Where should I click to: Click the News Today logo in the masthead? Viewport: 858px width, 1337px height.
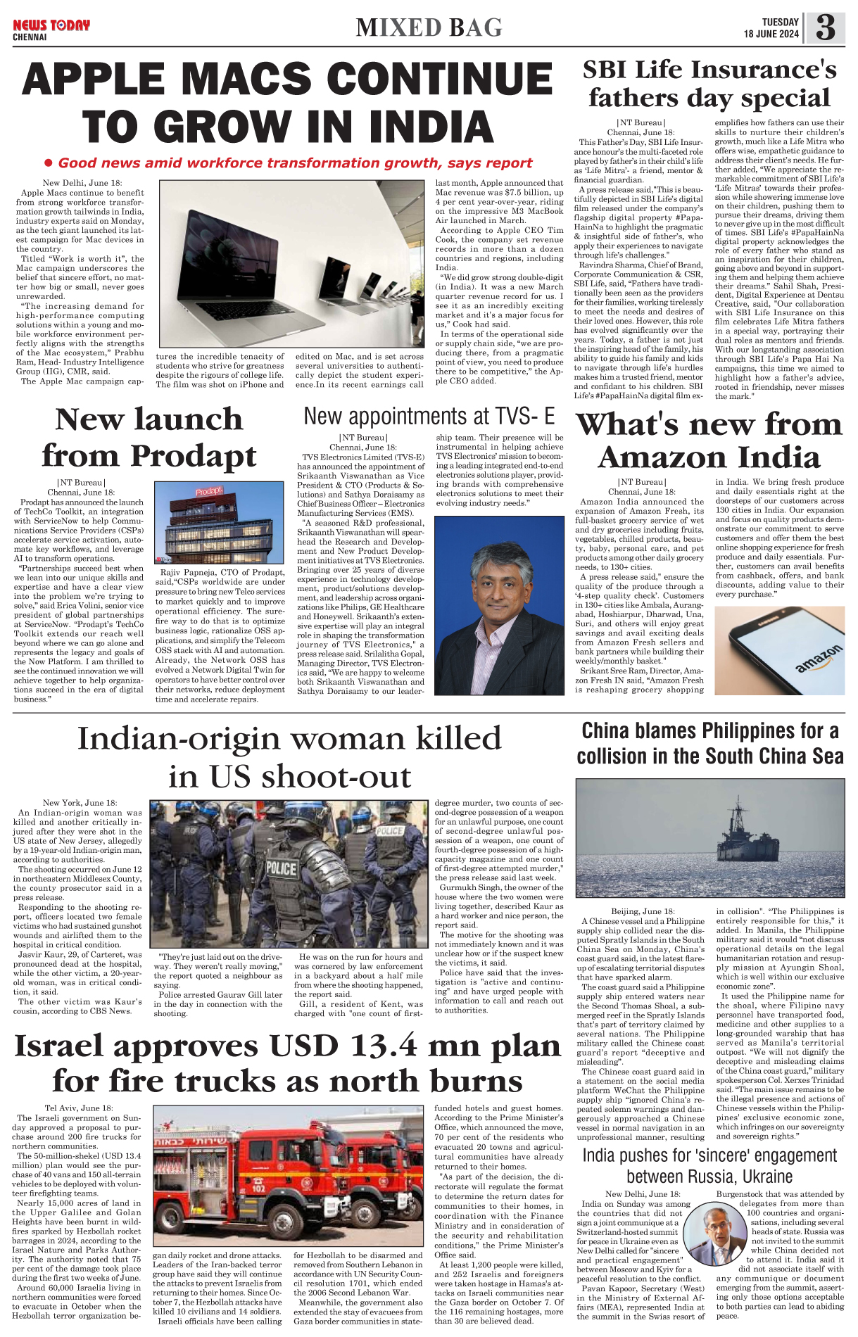click(51, 26)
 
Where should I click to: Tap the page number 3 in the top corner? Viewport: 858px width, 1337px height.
click(825, 28)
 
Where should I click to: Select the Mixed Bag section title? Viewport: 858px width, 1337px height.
click(429, 28)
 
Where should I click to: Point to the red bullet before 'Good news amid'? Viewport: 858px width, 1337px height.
click(49, 163)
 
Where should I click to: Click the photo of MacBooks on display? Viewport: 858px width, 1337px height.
click(291, 264)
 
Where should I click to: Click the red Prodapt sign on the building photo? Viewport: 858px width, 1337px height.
click(209, 491)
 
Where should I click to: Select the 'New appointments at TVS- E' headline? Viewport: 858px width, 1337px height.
click(429, 417)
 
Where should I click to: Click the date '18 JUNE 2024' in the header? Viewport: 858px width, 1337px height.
click(771, 34)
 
